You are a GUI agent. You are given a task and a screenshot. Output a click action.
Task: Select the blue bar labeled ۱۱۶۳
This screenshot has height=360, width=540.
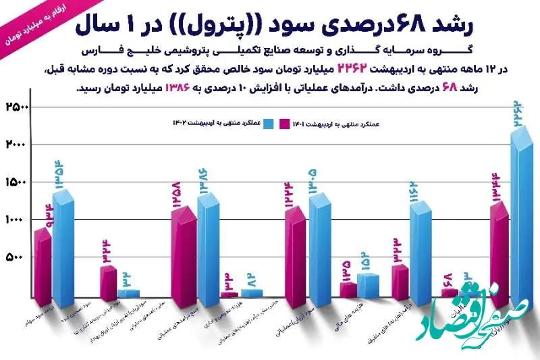[421, 253]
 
